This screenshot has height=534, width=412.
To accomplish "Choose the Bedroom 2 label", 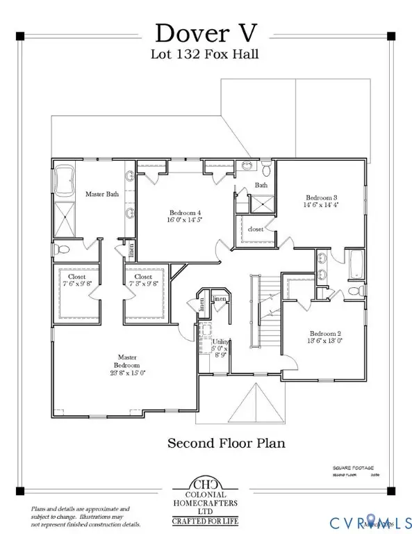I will tap(324, 337).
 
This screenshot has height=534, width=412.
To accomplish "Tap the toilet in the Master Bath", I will tap(64, 249).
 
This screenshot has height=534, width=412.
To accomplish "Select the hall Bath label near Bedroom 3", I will tap(261, 186).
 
